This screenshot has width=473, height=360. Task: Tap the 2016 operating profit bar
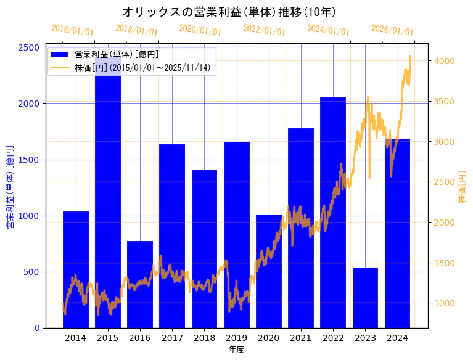point(140,284)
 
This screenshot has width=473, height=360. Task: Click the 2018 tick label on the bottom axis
point(204,338)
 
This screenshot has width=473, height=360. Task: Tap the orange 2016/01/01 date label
point(72,30)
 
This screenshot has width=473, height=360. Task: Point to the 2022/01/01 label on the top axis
point(264,30)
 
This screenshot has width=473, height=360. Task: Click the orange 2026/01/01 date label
point(392,30)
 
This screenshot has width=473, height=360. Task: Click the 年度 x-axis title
point(236,350)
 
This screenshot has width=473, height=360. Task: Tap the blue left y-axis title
point(10,187)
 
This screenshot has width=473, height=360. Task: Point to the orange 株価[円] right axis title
point(463,187)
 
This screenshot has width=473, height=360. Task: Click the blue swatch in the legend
point(60,55)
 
